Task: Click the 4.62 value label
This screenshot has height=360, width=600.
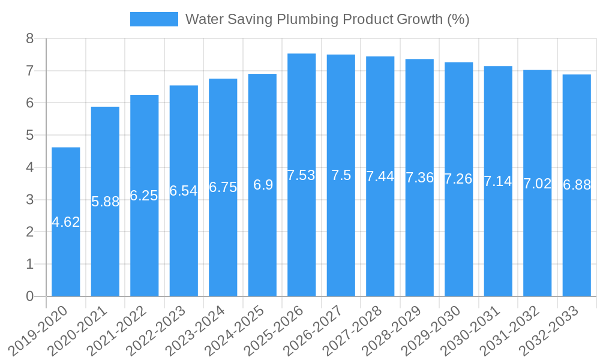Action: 66,222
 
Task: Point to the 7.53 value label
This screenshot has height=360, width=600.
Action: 301,175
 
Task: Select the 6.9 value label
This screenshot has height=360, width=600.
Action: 263,185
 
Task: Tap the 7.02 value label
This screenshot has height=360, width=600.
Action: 537,184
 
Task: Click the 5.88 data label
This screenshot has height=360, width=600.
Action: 105,202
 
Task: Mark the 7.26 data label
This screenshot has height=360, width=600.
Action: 458,179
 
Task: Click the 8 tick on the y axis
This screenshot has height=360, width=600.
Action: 29,39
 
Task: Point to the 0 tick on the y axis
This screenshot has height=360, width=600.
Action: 29,296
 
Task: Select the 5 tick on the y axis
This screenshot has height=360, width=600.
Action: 29,136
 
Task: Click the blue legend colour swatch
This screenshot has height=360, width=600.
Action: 154,19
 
